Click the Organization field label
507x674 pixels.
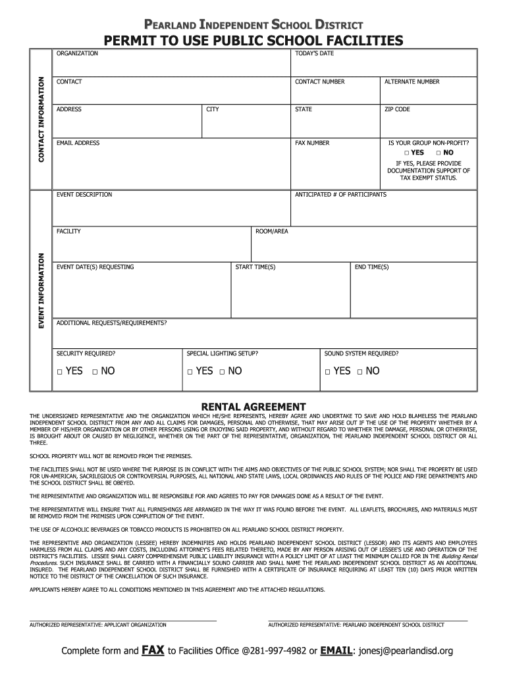tap(77, 53)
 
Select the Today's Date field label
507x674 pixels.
tap(314, 53)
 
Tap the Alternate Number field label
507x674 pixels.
tap(412, 82)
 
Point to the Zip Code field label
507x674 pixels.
tap(397, 109)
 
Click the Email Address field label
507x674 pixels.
tap(78, 143)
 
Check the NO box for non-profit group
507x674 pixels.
tap(438, 153)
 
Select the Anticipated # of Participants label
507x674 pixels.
tap(340, 195)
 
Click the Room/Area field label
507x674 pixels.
tap(271, 232)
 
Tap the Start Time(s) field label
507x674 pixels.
tap(255, 267)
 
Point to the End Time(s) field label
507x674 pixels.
tap(371, 267)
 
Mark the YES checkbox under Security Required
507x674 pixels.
tap(59, 372)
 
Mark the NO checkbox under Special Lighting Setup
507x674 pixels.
tap(223, 372)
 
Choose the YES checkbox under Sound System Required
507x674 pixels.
tap(327, 372)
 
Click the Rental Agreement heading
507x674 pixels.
tap(254, 406)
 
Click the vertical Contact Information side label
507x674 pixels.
tap(41, 120)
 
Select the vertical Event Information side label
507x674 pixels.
tap(41, 291)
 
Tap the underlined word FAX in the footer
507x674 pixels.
tap(153, 651)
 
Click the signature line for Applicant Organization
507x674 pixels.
tap(123, 620)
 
